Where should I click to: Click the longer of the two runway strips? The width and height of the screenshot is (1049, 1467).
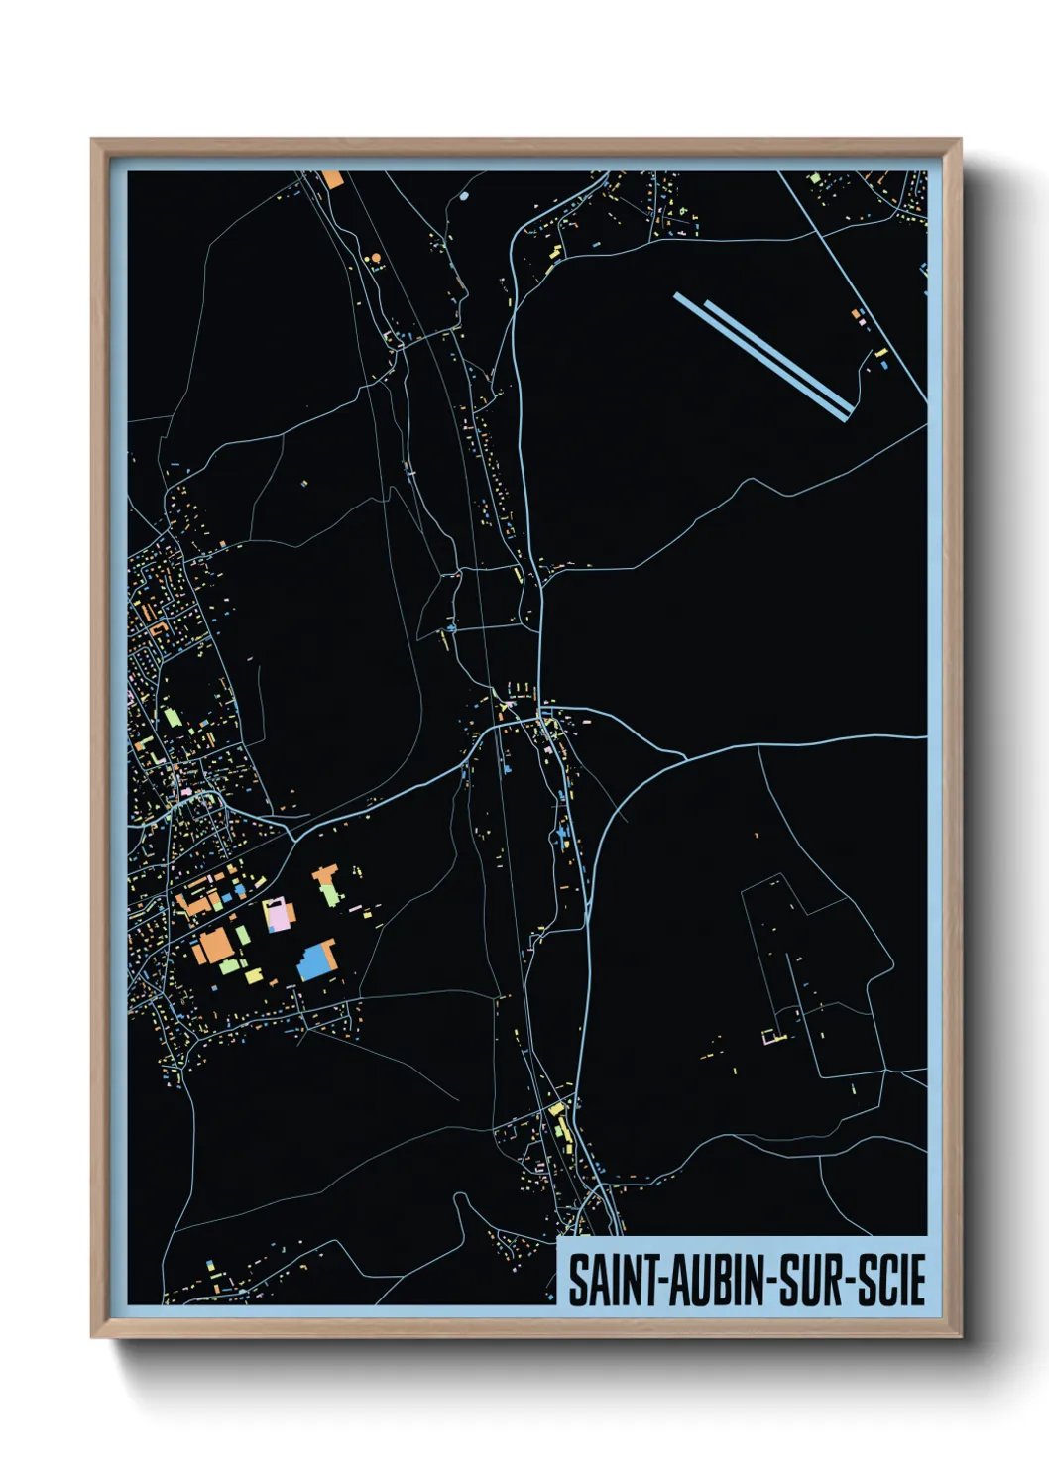pos(759,357)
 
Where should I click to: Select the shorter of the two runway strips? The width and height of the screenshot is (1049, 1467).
pos(778,353)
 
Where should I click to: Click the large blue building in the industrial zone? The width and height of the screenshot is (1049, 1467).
pos(315,961)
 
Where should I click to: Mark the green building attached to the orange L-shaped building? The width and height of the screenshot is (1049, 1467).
pos(330,894)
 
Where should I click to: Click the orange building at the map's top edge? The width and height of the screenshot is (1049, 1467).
pos(332,179)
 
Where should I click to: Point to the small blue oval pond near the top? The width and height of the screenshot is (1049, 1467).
pos(464,196)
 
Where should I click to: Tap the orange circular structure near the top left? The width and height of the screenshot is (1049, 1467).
pos(375,259)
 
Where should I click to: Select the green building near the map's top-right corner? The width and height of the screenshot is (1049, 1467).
pos(814,178)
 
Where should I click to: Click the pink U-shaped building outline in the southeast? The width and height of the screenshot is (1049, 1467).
pos(771,1038)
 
